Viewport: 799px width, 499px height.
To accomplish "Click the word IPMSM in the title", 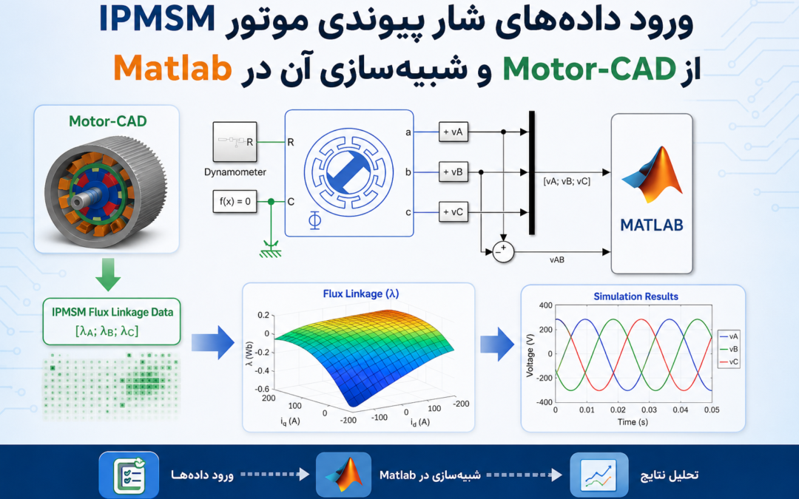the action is pyautogui.click(x=157, y=18).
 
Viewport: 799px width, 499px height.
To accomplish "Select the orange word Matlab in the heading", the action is pyautogui.click(x=172, y=68).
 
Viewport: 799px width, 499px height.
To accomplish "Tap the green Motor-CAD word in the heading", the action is pyautogui.click(x=589, y=69).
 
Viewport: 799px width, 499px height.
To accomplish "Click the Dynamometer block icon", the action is pyautogui.click(x=235, y=142).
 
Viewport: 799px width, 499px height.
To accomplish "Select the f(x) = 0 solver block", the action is pyautogui.click(x=235, y=202).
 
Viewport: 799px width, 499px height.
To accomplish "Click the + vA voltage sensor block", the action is pyautogui.click(x=453, y=132).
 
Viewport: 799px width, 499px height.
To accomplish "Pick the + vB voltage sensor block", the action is pyautogui.click(x=453, y=172).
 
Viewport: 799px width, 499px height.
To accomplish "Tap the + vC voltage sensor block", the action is pyautogui.click(x=453, y=212).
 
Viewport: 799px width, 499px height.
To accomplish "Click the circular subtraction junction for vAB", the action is pyautogui.click(x=503, y=252).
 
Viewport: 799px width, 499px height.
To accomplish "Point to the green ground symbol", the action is pyautogui.click(x=270, y=250).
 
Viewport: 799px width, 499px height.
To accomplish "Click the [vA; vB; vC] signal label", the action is pyautogui.click(x=567, y=181).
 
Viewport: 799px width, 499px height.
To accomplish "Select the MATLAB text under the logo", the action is pyautogui.click(x=652, y=225).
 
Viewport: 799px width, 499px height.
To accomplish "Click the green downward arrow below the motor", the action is pyautogui.click(x=108, y=274).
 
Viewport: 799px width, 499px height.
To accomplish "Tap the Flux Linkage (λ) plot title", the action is pyautogui.click(x=361, y=293).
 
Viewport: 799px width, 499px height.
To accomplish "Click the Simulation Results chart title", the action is pyautogui.click(x=636, y=296).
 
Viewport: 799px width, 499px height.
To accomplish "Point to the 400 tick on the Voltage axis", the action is pyautogui.click(x=545, y=305).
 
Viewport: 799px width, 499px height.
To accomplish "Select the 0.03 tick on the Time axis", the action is pyautogui.click(x=650, y=410).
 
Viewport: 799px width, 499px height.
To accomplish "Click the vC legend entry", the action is pyautogui.click(x=729, y=362).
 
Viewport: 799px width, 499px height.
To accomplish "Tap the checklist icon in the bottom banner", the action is pyautogui.click(x=129, y=475).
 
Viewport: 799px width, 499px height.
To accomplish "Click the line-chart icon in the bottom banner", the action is pyautogui.click(x=599, y=475).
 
